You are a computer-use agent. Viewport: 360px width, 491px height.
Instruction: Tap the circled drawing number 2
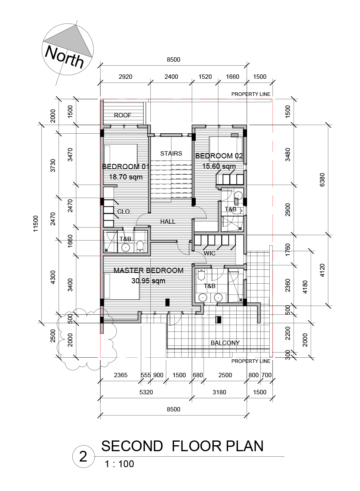83,456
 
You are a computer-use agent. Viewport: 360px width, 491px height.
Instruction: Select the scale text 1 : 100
119,464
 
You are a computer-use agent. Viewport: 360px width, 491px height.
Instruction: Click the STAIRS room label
171,153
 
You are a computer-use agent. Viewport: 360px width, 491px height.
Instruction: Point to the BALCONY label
225,343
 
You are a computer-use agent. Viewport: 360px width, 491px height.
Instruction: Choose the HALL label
168,222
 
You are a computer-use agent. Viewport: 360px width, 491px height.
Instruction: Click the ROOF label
123,115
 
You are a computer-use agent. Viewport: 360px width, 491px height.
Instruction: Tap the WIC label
210,253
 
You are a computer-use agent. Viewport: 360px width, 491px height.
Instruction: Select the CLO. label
124,212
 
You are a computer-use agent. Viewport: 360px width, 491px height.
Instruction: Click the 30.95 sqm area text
148,281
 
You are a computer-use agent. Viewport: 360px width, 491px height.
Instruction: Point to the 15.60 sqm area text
219,166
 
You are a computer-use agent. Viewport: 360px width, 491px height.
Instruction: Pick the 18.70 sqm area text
126,177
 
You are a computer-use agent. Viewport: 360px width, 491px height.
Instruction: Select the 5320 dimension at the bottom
146,392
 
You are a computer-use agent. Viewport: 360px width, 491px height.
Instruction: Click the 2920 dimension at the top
125,77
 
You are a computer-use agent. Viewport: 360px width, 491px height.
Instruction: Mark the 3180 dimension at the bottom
219,392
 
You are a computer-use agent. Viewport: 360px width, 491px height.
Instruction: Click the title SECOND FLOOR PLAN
182,446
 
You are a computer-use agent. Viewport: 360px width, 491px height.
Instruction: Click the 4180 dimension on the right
306,287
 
